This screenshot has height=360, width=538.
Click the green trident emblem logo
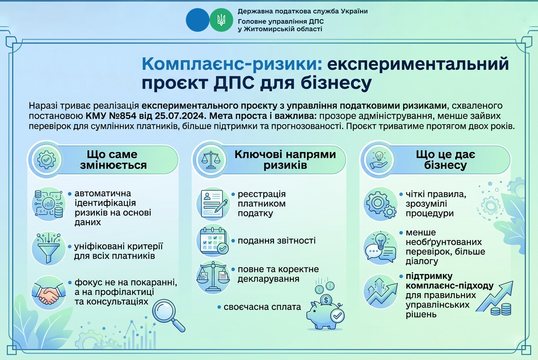[221, 20]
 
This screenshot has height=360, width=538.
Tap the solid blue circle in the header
[198, 20]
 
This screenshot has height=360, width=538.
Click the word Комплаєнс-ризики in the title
[232, 64]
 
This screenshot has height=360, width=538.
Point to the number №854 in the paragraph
[123, 116]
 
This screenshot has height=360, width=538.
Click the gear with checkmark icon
[47, 159]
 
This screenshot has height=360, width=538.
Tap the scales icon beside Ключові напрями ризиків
[211, 160]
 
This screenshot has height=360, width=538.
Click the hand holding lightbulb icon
[379, 160]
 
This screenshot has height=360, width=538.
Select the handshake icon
[48, 293]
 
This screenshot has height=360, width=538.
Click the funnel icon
[48, 248]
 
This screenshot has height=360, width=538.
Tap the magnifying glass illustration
[169, 315]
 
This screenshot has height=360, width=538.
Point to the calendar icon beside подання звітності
[213, 241]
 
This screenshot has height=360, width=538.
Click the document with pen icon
[213, 204]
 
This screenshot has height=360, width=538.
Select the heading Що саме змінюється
[113, 160]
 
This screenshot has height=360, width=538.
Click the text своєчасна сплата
[262, 307]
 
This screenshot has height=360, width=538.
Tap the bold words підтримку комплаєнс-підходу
[449, 281]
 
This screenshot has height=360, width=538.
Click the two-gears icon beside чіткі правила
[381, 204]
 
